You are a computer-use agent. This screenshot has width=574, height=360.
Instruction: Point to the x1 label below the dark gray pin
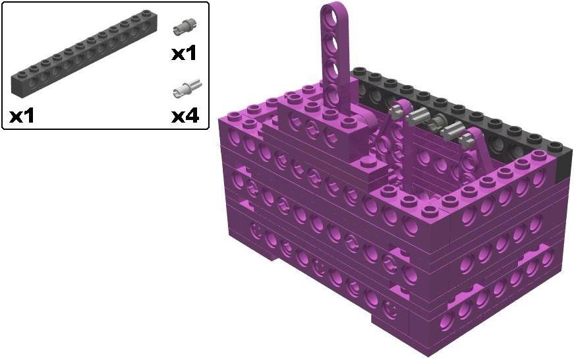coord(184,53)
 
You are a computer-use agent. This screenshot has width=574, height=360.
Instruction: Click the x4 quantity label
coord(185,116)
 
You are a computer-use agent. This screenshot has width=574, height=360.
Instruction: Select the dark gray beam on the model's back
coord(461,109)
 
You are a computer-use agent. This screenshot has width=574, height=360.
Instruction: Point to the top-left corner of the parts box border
coord(3,3)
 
